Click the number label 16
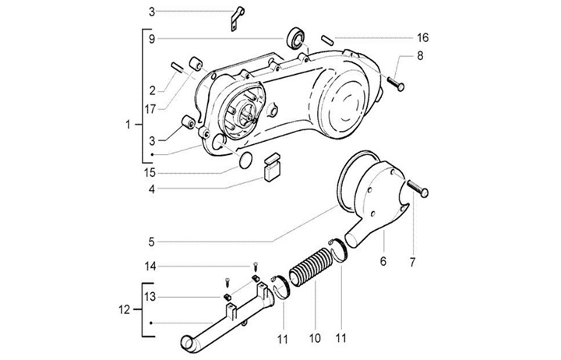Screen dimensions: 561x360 click(422, 37)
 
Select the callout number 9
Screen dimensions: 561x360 click(152, 39)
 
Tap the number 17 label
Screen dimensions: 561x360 click(150, 109)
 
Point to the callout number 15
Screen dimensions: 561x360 click(150, 173)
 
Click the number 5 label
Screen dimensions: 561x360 click(152, 242)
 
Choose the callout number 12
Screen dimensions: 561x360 click(124, 309)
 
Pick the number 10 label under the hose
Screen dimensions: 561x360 click(315, 338)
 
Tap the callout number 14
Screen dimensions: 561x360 click(150, 266)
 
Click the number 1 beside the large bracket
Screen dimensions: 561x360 click(128, 125)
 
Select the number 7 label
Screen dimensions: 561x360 click(412, 263)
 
